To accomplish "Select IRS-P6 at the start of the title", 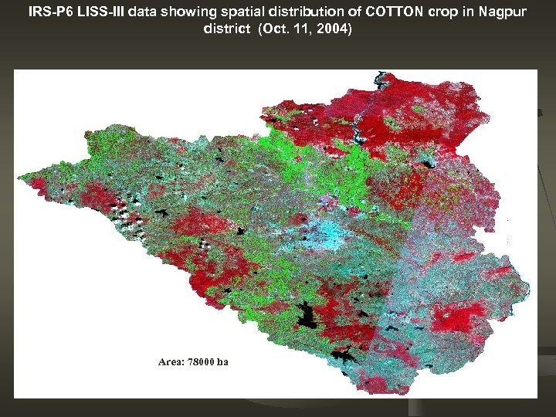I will coord(51,12).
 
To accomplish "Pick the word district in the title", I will coord(225,29).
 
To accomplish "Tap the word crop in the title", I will coord(432,12).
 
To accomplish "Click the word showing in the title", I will coord(189,12).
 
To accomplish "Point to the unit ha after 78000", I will coord(222,361).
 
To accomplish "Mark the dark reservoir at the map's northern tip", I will coord(379,79).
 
